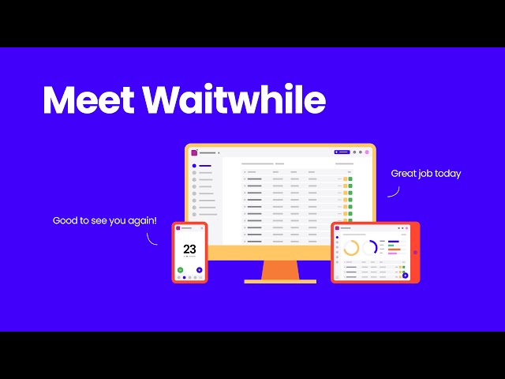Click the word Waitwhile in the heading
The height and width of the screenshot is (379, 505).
click(235, 101)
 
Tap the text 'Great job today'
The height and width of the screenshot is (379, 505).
click(425, 174)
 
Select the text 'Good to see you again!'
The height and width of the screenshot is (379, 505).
click(105, 220)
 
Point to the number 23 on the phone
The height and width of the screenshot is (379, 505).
click(189, 250)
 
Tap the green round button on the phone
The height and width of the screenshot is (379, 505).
click(181, 270)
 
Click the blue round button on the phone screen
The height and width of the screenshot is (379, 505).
click(199, 270)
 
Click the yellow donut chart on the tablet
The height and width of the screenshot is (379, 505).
click(351, 248)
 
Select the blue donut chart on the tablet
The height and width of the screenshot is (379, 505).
click(370, 248)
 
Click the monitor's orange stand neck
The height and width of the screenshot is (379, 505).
click(280, 269)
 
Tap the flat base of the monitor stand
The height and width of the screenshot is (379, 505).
click(280, 281)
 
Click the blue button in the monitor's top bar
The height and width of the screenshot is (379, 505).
click(342, 152)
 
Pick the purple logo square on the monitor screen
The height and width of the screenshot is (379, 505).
click(194, 152)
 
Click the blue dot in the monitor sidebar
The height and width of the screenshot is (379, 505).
click(194, 166)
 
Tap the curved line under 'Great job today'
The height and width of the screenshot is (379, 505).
click(394, 191)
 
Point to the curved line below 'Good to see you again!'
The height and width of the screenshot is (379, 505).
click(152, 238)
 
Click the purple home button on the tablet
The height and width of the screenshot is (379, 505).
click(415, 253)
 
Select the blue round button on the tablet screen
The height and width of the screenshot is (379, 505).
click(404, 275)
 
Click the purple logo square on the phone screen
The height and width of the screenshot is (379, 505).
click(178, 229)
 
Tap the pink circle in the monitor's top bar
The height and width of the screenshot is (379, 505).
click(367, 152)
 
